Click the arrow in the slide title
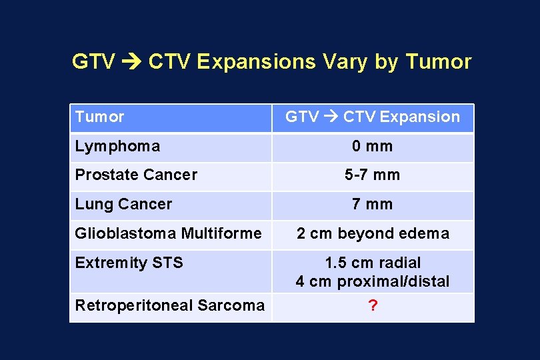pos(129,62)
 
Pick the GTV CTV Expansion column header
pos(373,117)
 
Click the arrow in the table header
pos(331,117)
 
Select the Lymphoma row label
pos(117,146)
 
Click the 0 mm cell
pos(373,146)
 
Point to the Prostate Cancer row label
pos(136,175)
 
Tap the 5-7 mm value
pos(373,175)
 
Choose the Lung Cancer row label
pos(123,204)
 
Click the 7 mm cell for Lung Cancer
pos(373,204)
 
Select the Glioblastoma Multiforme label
pos(168,233)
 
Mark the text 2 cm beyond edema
pos(373,233)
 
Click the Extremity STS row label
pos(129,263)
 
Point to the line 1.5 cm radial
pos(373,263)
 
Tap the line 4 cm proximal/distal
pos(373,281)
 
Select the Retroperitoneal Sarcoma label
pos(169,305)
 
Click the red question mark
pos(373,305)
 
